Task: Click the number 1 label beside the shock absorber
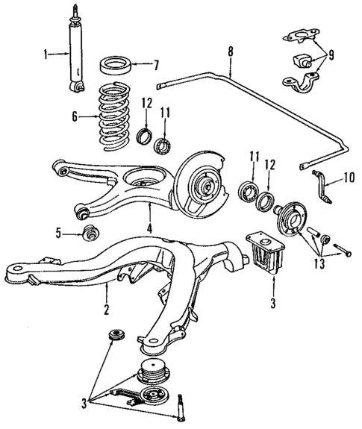(46, 54)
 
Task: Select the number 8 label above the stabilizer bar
(230, 53)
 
